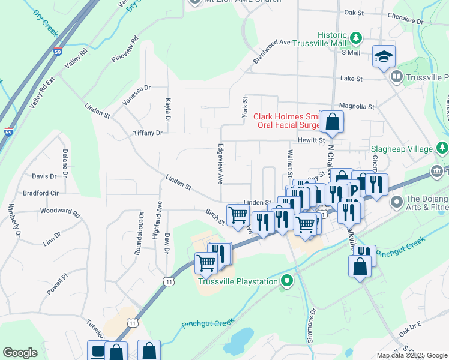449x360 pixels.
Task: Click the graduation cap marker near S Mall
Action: coord(384,57)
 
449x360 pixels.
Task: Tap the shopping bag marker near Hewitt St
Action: coord(331,122)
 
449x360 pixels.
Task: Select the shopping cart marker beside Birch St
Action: coord(238,214)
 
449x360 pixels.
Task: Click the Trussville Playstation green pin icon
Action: coord(287,280)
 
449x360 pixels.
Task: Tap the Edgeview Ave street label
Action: coord(220,163)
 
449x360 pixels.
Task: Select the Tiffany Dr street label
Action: coord(148,133)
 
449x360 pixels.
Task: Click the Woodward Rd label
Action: coord(60,211)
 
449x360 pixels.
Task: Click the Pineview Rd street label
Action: coord(125,49)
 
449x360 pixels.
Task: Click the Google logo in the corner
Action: coord(20,353)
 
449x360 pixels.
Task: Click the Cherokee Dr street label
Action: coord(405,20)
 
